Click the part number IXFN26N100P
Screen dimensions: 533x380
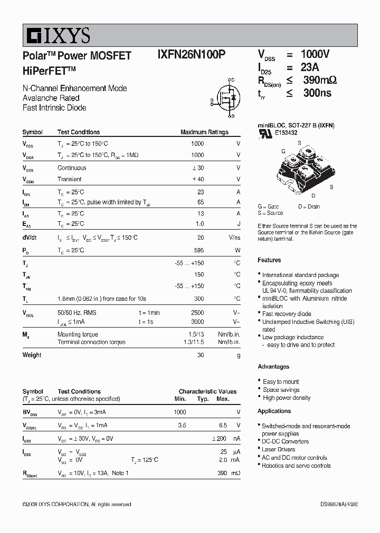[192, 55]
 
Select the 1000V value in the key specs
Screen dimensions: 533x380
[315, 55]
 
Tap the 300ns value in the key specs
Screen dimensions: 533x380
[317, 93]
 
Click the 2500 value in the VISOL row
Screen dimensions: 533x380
[197, 312]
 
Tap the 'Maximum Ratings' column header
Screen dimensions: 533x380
[204, 132]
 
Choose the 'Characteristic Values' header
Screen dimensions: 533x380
[207, 391]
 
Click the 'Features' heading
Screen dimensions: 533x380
[269, 260]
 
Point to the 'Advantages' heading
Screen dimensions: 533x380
[273, 367]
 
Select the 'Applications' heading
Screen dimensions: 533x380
[274, 411]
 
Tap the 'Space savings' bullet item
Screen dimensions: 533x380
[281, 390]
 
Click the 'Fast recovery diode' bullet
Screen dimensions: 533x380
[287, 314]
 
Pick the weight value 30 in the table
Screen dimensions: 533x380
[200, 355]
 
